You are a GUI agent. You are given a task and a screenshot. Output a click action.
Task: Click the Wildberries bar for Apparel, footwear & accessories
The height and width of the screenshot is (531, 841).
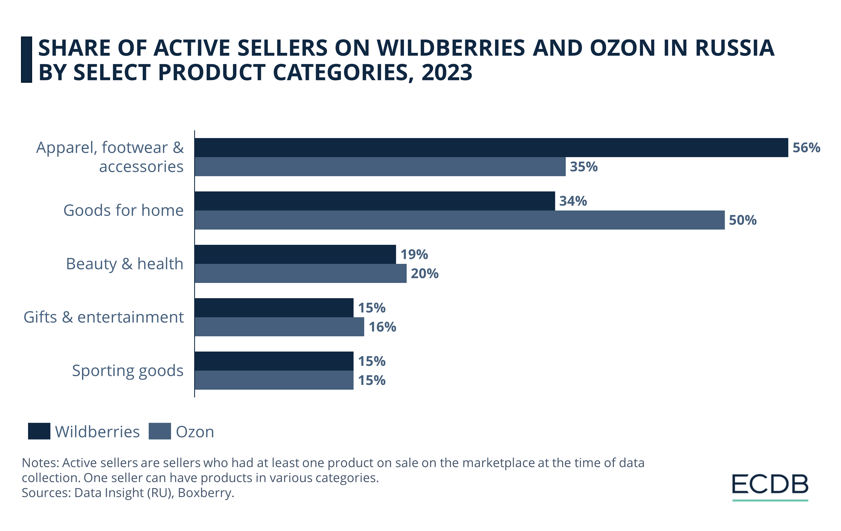pyautogui.click(x=491, y=147)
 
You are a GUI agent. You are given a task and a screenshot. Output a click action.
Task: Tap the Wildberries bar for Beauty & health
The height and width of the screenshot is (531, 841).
pyautogui.click(x=295, y=254)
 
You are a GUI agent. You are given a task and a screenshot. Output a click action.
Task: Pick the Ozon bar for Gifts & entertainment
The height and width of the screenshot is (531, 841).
pyautogui.click(x=279, y=327)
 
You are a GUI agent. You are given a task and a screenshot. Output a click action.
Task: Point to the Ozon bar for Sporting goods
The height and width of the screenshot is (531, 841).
pyautogui.click(x=274, y=380)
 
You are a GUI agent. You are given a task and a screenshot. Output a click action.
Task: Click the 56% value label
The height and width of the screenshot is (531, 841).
pyautogui.click(x=806, y=148)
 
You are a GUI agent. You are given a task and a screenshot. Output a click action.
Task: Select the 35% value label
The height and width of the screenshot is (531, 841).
pyautogui.click(x=584, y=167)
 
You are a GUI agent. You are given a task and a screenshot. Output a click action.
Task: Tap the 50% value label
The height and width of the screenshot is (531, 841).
pyautogui.click(x=742, y=220)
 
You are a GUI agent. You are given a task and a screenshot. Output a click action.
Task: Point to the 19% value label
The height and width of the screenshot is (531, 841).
pyautogui.click(x=414, y=255)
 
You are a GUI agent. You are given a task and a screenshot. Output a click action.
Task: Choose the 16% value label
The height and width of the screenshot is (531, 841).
pyautogui.click(x=382, y=327)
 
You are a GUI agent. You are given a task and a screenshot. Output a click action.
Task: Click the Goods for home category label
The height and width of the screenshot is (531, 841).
pyautogui.click(x=123, y=210)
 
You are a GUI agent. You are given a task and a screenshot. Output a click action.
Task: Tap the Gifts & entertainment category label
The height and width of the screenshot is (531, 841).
pyautogui.click(x=103, y=317)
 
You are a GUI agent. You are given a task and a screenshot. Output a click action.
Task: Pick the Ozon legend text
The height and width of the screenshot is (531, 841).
pyautogui.click(x=194, y=432)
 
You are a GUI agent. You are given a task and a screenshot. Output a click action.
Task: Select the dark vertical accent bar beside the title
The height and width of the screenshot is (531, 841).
pyautogui.click(x=26, y=59)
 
